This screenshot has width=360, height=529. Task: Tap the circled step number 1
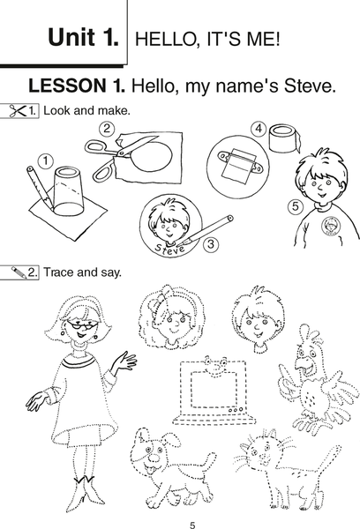46,161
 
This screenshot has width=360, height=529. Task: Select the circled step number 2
107,129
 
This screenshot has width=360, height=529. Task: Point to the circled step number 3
211,243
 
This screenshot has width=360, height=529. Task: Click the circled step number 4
259,129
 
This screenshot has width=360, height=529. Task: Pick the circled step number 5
296,205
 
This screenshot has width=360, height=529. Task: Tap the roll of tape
284,139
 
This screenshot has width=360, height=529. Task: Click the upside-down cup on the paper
69,191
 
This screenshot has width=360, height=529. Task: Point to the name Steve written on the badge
170,249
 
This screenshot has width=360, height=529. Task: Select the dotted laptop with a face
214,391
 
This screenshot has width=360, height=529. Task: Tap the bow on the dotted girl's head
168,298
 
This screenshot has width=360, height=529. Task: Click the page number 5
192,525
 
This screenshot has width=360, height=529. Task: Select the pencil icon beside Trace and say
19,272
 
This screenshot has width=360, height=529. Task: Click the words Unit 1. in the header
84,37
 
